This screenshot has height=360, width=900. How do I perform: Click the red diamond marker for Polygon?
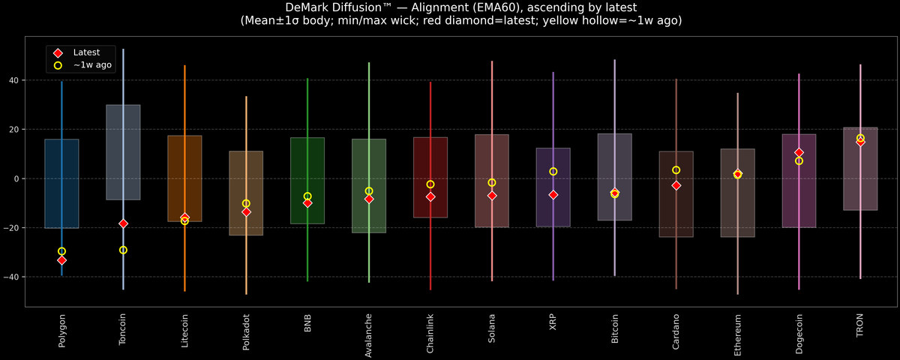coord(61,260)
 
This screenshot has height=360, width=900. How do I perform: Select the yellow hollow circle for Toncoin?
coord(123,250)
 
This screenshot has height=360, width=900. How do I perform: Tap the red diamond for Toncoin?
coord(123,223)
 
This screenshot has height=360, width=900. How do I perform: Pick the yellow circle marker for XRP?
coord(553,172)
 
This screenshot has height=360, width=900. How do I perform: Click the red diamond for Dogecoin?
coord(799,152)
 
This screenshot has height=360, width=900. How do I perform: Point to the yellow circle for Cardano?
coord(676,170)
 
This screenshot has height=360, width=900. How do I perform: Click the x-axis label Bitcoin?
coord(615,331)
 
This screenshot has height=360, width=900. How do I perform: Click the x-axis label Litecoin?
coord(184,331)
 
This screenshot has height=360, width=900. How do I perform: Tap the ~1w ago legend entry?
coord(91,65)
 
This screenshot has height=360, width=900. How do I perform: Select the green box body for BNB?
coord(307,181)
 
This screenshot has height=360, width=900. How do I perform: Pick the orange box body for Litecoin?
coord(184,178)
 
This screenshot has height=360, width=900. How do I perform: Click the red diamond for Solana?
coord(492,196)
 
